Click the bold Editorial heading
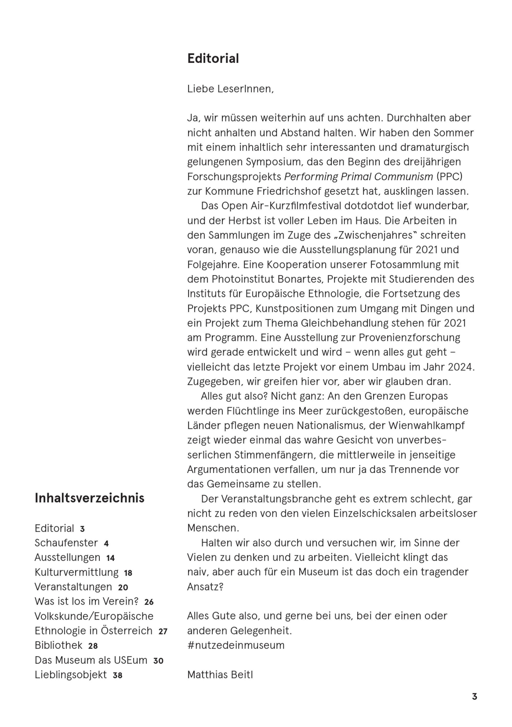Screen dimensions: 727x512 point(213,59)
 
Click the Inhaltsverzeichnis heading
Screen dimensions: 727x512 point(89,498)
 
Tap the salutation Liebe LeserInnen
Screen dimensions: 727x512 point(230,89)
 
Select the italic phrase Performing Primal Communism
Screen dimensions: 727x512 point(358,177)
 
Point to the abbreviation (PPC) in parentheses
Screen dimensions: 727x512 point(449,177)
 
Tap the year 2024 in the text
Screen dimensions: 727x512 point(461,367)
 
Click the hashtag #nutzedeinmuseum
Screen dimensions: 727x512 point(236,645)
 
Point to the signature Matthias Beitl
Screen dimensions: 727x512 point(220,675)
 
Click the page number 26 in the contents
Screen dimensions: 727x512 point(149,602)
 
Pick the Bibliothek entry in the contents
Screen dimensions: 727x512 point(59,645)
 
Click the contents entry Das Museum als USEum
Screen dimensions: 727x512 point(91,660)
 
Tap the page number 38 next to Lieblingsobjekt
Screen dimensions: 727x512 point(118,675)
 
